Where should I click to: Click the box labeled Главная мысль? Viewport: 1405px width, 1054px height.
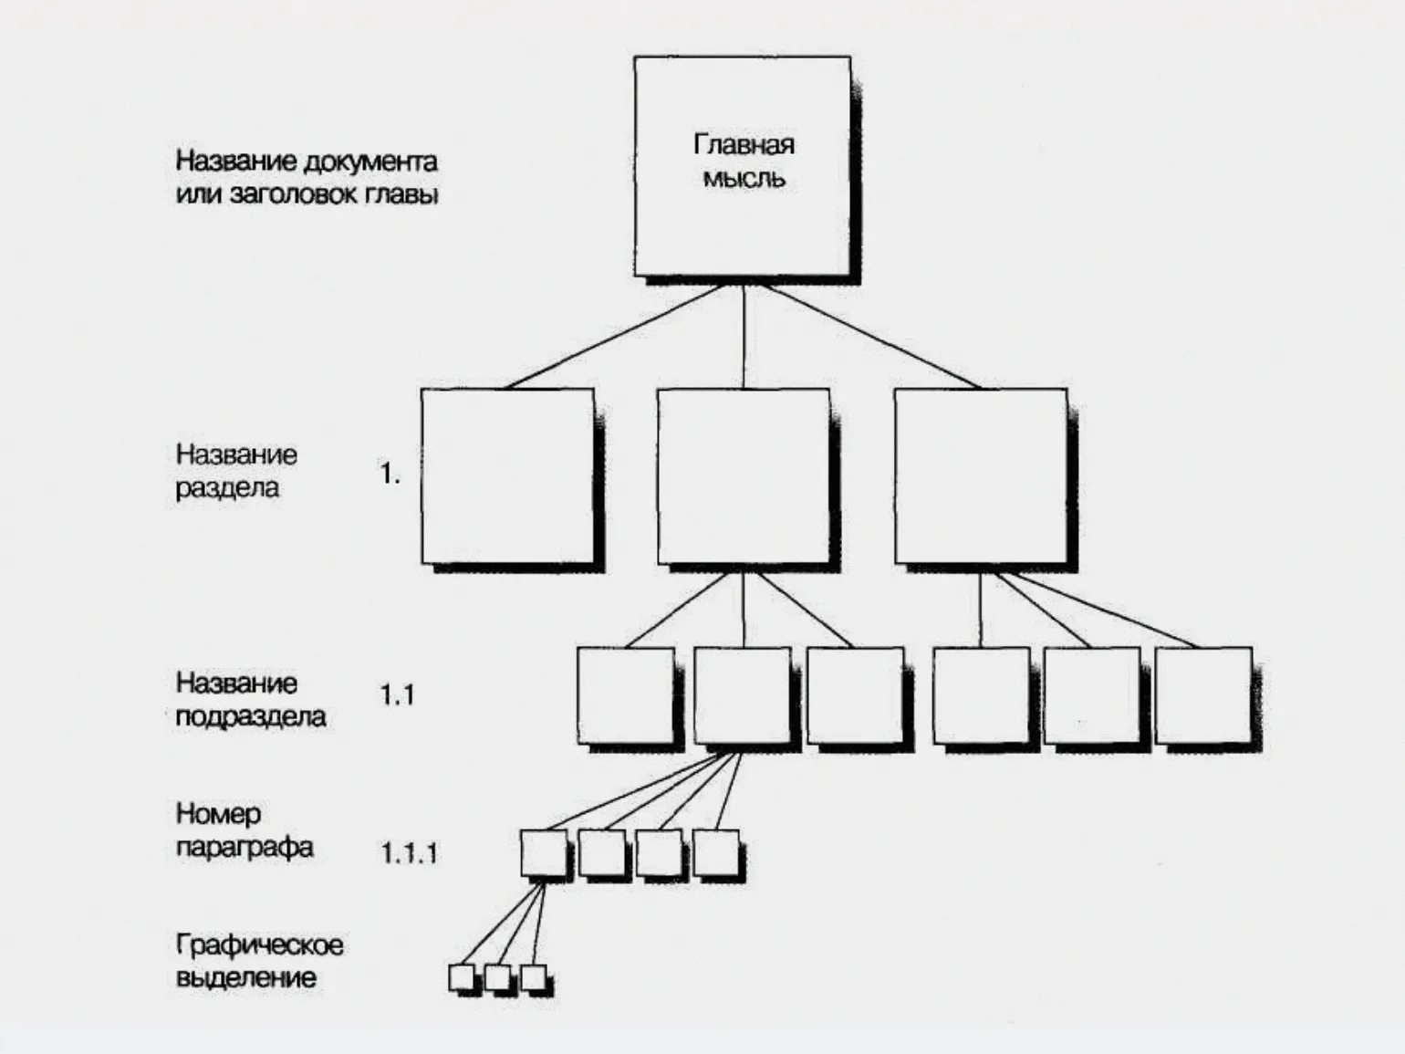(743, 166)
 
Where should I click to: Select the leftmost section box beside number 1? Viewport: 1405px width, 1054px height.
(507, 475)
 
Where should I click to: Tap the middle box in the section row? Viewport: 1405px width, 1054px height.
(744, 475)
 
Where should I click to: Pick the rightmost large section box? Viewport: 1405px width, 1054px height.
(981, 475)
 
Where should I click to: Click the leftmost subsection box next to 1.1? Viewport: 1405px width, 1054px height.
(626, 694)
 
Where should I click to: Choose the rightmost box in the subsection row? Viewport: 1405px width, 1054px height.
(1203, 694)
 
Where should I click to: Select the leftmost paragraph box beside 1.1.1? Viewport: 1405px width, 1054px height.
(544, 853)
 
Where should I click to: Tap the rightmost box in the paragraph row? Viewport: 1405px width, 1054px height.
(716, 853)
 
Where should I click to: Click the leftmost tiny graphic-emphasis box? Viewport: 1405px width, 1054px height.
(463, 977)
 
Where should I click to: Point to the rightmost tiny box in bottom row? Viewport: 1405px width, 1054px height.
(533, 977)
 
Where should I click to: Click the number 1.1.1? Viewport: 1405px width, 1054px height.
(409, 853)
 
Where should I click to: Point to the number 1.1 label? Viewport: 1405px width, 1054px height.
(397, 695)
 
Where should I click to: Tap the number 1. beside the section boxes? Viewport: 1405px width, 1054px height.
(390, 474)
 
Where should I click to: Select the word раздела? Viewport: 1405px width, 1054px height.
(227, 488)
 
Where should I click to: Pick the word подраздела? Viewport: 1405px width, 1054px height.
(251, 716)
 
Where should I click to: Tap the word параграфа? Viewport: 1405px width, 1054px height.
(245, 848)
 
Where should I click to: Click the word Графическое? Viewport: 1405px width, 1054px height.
(260, 944)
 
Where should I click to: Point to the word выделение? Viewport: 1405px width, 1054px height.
(246, 977)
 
